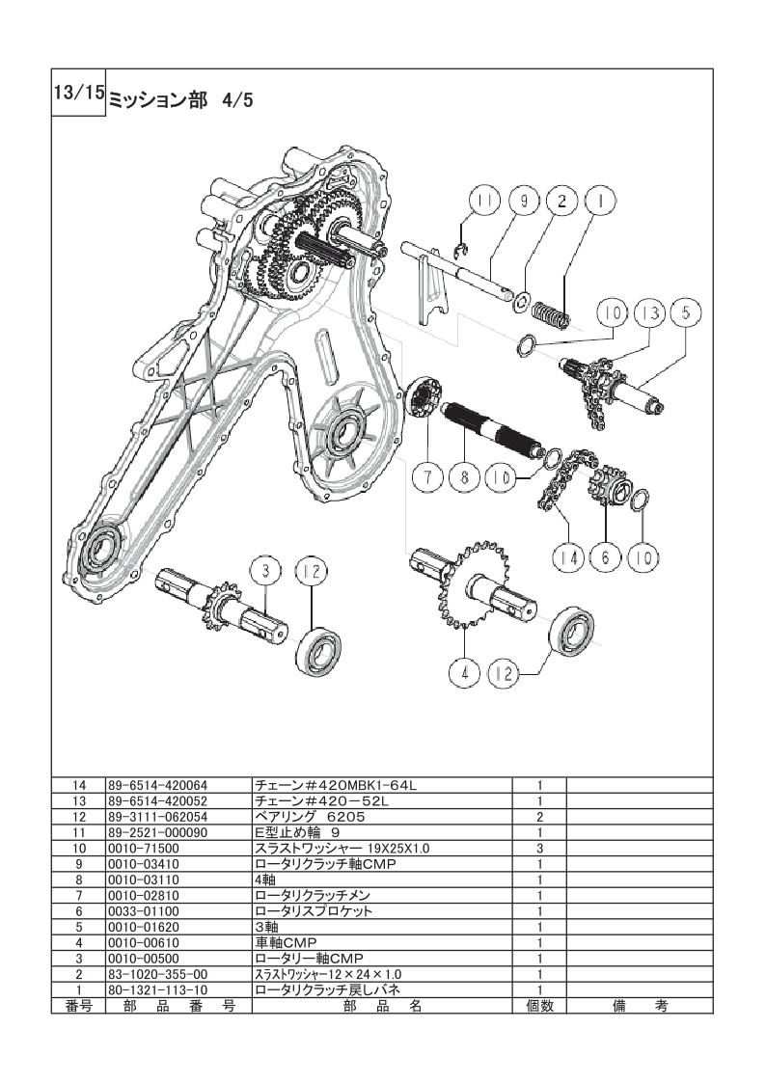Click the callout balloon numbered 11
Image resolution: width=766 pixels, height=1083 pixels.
coord(485,202)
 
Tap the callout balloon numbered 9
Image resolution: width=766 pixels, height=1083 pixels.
coord(524,202)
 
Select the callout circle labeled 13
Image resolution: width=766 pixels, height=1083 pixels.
coord(649,312)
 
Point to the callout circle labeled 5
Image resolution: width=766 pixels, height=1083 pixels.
coord(685,312)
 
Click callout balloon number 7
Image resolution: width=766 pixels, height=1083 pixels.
coord(428,477)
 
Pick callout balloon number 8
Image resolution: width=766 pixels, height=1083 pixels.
coord(465,477)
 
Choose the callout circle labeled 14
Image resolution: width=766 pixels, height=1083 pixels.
coord(569,556)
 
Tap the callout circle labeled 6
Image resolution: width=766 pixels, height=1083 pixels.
coord(606,556)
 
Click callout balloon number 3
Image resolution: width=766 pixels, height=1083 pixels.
coord(266,572)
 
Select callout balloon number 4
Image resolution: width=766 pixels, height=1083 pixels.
coord(466,673)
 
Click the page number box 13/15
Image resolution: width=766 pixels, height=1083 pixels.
coord(78,93)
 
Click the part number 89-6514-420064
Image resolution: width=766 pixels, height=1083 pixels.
coord(157,785)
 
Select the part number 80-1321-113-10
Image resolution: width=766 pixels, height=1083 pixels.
coord(157,990)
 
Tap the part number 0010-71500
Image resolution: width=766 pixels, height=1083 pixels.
coord(143,848)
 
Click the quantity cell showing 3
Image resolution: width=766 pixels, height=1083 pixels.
coord(539,848)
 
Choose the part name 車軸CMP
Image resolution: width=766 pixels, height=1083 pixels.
coord(286,943)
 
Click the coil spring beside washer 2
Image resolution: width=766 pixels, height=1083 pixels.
coord(552,315)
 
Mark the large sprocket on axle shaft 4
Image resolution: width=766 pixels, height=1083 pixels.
coord(472,583)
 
